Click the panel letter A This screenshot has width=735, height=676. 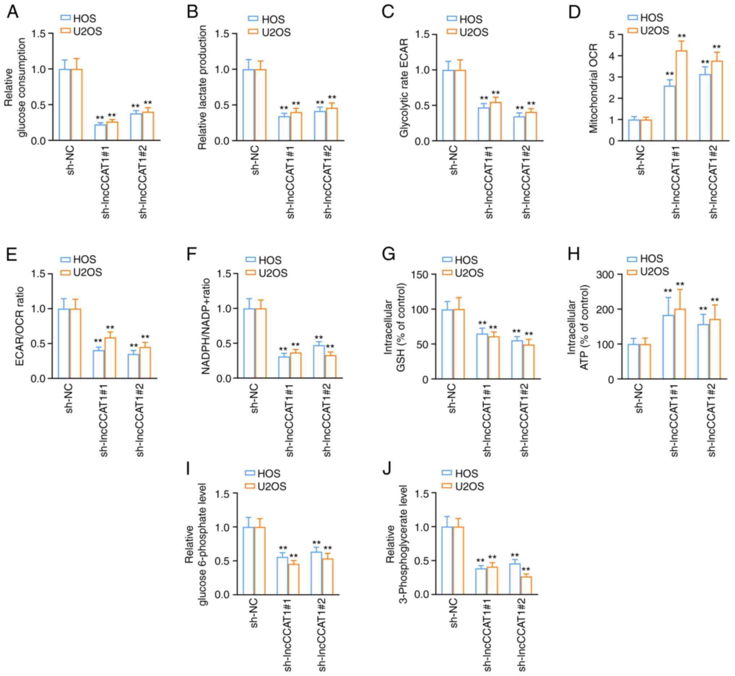coord(13,12)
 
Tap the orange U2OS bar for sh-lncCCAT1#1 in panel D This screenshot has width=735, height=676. coord(681,96)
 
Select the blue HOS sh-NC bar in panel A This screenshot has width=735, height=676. coord(65,105)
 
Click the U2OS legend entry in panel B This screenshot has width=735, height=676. coord(269,32)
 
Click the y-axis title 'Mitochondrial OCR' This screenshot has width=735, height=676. coord(593,88)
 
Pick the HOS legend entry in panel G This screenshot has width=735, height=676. coord(460,260)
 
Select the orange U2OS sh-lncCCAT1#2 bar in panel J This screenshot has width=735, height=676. coord(526,586)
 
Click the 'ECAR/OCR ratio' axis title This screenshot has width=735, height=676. coord(20,326)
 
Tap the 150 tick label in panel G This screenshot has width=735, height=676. coord(420,275)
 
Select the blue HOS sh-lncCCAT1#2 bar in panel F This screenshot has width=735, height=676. coord(319,362)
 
